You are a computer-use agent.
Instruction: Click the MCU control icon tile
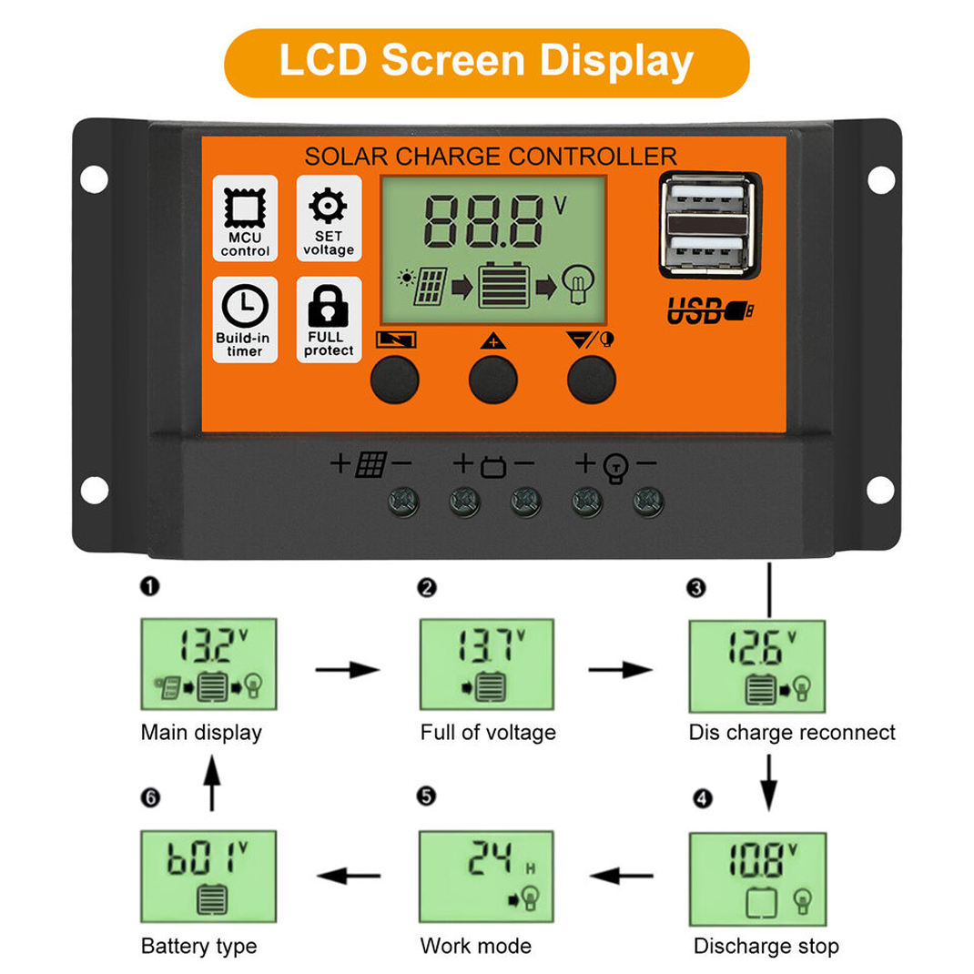tap(245, 218)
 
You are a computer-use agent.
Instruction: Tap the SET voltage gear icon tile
tap(329, 218)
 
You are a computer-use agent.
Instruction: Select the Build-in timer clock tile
tap(245, 320)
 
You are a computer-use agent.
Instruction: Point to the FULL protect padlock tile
tap(329, 320)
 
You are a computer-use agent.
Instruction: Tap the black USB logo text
tap(710, 310)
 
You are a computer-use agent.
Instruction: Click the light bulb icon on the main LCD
tap(578, 284)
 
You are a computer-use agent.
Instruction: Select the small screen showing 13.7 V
tap(486, 664)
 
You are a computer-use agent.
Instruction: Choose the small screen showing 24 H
tap(486, 877)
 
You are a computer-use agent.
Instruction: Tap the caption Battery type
tap(198, 946)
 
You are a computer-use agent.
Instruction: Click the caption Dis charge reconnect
tap(792, 733)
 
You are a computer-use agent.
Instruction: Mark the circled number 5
tap(426, 796)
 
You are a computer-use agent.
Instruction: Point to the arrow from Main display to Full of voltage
tap(347, 670)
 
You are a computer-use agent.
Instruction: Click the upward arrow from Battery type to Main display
tap(212, 783)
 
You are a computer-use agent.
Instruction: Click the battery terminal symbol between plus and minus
tap(494, 466)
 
